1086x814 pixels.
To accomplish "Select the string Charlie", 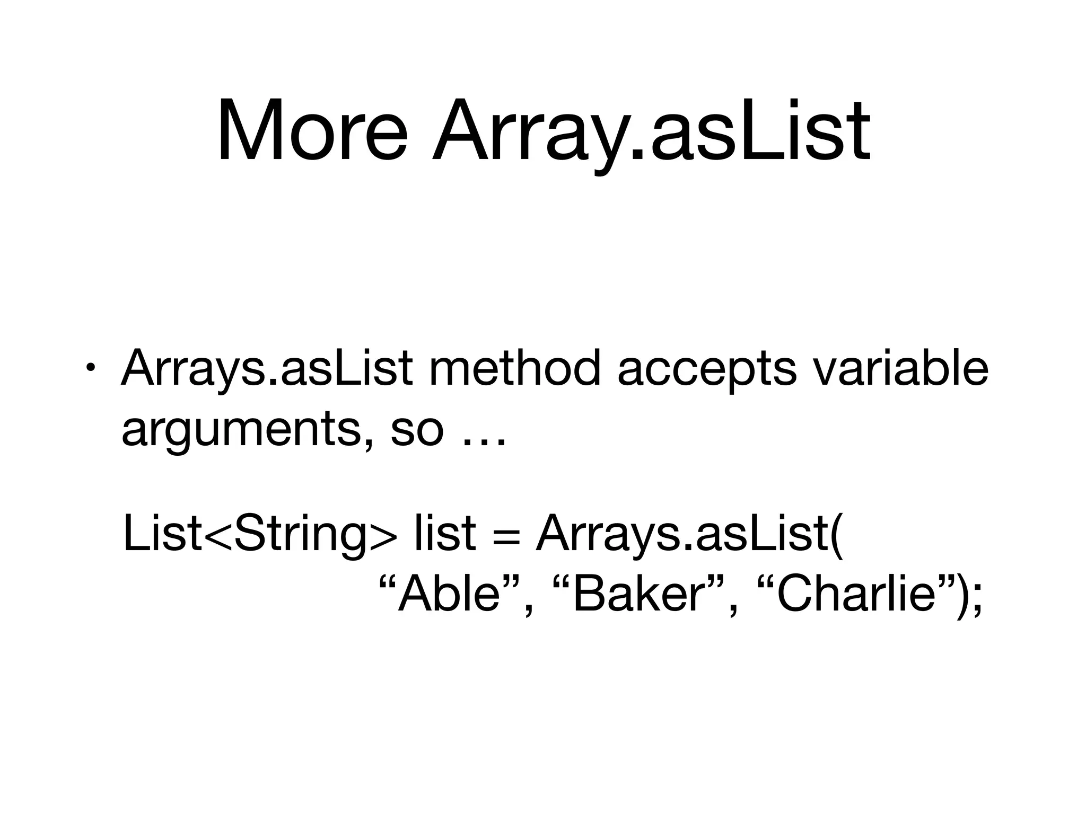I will tap(854, 595).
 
